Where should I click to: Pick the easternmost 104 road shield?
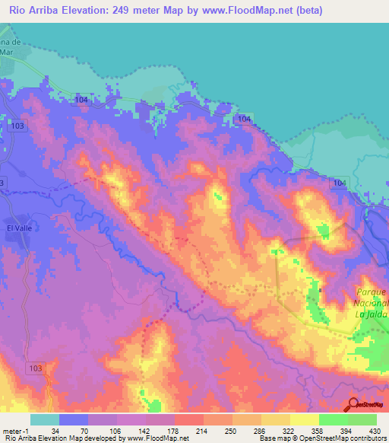point(339,183)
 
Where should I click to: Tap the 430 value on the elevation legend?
point(375,431)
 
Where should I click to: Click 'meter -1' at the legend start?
point(17,431)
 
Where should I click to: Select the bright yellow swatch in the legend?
point(304,419)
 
